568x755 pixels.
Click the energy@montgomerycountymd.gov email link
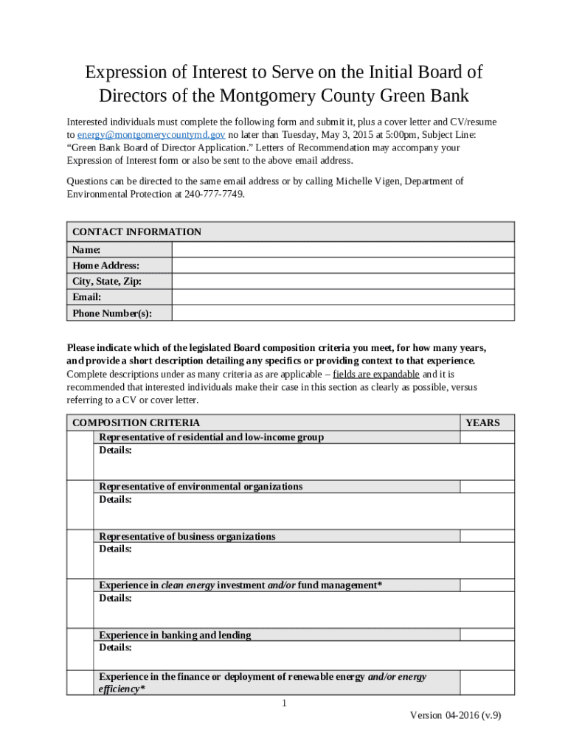(151, 135)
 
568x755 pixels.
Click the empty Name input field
(342, 249)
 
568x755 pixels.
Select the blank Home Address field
(342, 265)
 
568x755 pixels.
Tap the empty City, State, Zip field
(342, 282)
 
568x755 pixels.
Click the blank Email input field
(342, 297)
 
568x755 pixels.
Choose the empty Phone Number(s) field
(342, 313)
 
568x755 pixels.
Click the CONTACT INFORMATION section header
(136, 232)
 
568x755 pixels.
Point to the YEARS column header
(482, 422)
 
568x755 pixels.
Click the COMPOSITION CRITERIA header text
(136, 422)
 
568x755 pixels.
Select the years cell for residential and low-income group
(487, 437)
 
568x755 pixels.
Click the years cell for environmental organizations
(487, 487)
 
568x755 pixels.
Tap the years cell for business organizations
(487, 536)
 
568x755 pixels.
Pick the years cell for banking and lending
(487, 635)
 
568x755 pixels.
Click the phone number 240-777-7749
(209, 195)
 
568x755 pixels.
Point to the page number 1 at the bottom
(284, 703)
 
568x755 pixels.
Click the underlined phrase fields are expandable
(376, 374)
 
